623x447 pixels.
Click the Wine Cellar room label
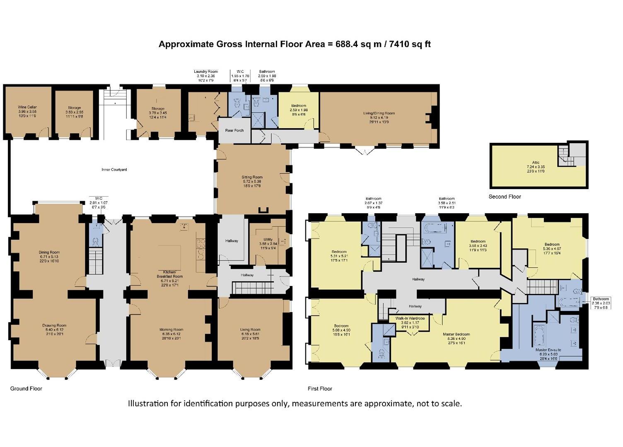(27, 107)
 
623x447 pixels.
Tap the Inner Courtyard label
(114, 170)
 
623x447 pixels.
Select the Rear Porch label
(234, 130)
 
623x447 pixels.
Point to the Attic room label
(536, 163)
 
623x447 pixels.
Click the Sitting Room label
(252, 177)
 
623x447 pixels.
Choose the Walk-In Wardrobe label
(410, 318)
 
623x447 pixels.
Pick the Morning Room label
(171, 330)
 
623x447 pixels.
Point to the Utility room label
(268, 239)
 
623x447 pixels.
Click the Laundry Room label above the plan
(206, 72)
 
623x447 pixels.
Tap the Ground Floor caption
(26, 389)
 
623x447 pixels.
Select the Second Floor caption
(505, 197)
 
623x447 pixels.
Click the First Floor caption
(320, 389)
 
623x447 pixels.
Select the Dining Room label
(49, 252)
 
